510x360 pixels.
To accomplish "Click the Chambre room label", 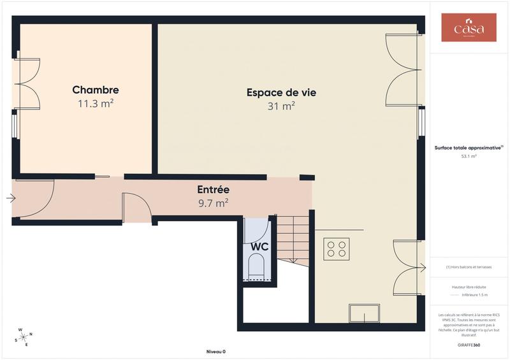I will [96, 90].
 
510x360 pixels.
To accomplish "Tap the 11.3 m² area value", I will [96, 103].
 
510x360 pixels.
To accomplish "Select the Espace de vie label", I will [281, 92].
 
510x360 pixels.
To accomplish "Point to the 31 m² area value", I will [281, 106].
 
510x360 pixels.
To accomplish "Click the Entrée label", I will [213, 190].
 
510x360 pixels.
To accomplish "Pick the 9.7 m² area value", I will [213, 203].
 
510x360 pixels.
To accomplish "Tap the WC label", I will [259, 247].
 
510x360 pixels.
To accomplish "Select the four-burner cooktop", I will [337, 248].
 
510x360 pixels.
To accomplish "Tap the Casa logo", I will [469, 28].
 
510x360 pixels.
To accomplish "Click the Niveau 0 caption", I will [215, 351].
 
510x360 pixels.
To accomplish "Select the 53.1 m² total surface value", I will [469, 155].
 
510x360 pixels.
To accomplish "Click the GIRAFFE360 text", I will [469, 344].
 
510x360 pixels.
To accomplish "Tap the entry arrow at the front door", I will [10, 198].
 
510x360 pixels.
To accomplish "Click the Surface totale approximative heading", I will [469, 147].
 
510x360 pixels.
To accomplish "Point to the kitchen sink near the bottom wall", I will [364, 313].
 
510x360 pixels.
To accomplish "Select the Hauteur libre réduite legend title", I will [469, 287].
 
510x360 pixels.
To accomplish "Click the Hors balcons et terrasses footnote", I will [469, 267].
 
